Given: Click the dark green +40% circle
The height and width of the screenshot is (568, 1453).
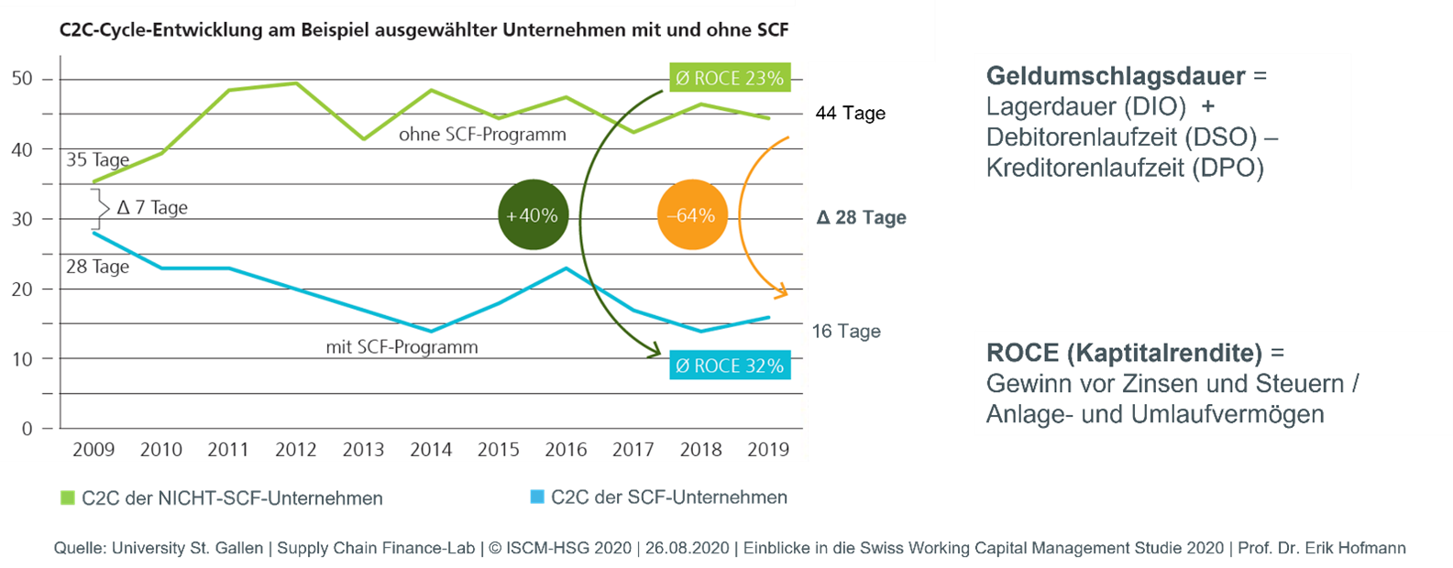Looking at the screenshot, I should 533,216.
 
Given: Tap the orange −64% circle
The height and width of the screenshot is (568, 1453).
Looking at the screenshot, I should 692,216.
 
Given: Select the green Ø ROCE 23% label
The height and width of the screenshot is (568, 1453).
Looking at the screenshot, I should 729,79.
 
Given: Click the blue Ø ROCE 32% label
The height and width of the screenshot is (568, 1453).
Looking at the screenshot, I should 729,366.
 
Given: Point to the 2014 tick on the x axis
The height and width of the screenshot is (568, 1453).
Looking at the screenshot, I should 431,449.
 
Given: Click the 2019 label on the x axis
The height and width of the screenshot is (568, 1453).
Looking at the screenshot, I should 768,449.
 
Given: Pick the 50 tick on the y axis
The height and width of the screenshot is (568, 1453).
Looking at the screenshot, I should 22,79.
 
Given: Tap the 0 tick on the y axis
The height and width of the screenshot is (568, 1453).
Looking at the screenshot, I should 27,429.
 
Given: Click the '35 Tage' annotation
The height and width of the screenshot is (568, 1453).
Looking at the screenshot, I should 97,160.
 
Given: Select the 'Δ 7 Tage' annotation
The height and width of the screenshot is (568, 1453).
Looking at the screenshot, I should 152,208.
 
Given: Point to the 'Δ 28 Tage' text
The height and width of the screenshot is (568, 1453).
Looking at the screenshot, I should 861,218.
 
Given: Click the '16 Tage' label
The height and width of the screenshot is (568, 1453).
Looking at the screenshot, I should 846,332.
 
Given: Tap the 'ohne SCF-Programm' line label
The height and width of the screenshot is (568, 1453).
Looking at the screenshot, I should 482,135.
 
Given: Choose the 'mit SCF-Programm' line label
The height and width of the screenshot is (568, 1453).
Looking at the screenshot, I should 402,348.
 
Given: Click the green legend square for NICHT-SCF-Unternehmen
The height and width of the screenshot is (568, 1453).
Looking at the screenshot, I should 67,498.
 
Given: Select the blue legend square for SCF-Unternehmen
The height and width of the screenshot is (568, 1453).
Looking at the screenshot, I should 537,497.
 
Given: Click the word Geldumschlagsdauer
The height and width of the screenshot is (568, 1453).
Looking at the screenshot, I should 1116,76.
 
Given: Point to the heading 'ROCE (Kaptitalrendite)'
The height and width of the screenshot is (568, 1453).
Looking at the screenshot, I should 1125,354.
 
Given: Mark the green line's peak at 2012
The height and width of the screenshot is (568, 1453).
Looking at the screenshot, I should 295,83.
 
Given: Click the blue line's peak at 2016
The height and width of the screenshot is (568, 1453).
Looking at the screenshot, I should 566,268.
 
